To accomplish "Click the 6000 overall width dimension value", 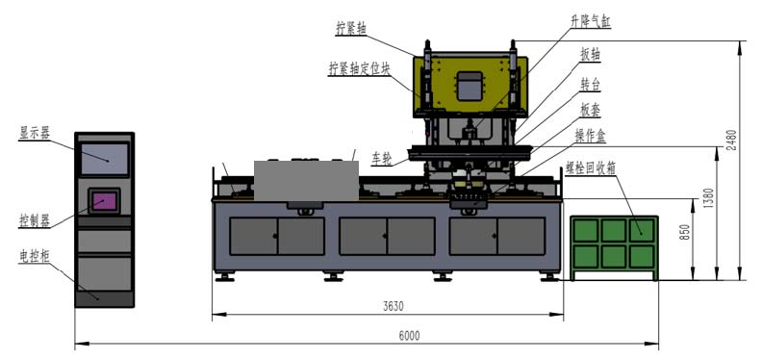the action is (x=409, y=336).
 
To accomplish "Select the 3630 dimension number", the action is (x=394, y=306).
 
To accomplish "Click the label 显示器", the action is (x=34, y=133).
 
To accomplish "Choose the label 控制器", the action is (x=34, y=221).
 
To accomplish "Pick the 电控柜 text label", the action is (x=34, y=255).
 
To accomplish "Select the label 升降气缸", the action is (x=591, y=21).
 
